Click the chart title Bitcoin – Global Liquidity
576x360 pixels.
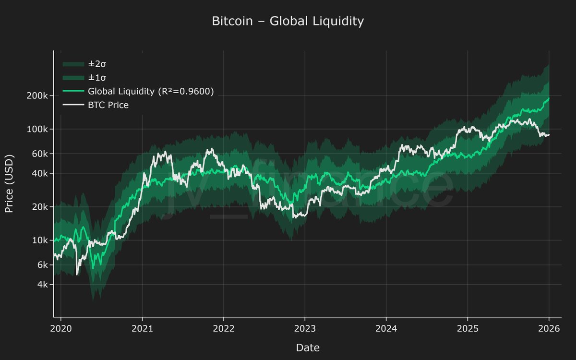point(288,22)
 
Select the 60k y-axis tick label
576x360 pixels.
point(40,154)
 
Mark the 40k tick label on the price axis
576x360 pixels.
point(40,173)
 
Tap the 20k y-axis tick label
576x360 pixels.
point(40,207)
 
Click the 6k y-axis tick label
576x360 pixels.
point(42,265)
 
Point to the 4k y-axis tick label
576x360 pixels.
point(42,285)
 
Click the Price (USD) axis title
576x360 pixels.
point(9,183)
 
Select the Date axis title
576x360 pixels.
point(308,347)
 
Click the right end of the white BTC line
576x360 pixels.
point(549,135)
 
